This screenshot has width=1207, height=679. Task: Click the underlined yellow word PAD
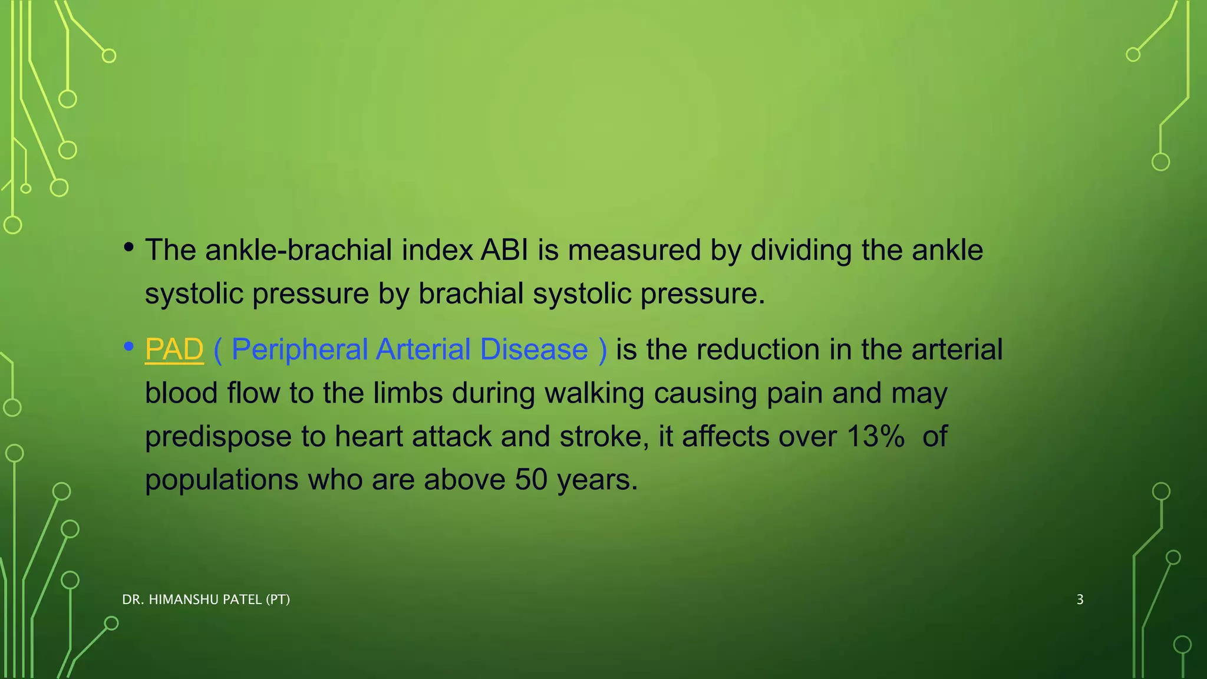(174, 350)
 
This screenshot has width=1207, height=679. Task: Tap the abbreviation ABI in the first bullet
(504, 250)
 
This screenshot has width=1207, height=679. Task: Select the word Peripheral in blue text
(299, 350)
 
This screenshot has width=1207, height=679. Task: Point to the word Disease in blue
(533, 350)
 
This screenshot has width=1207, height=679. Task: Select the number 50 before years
(531, 480)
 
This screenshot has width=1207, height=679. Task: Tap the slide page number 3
(1080, 600)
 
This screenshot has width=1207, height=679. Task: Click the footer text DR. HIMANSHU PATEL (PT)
(206, 600)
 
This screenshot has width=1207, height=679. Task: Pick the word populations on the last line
(222, 480)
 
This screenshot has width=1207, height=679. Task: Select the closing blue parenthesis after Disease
(602, 350)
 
